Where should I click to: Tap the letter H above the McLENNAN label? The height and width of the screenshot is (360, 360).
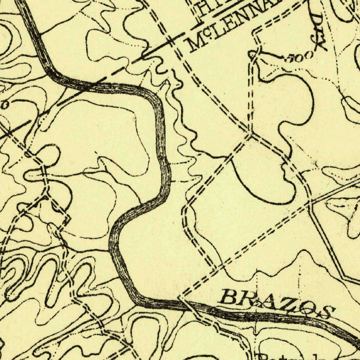click(x=204, y=8)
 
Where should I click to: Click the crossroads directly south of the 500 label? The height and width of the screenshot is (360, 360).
click(x=250, y=134)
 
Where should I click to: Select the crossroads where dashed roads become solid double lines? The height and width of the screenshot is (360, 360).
click(x=311, y=202)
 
